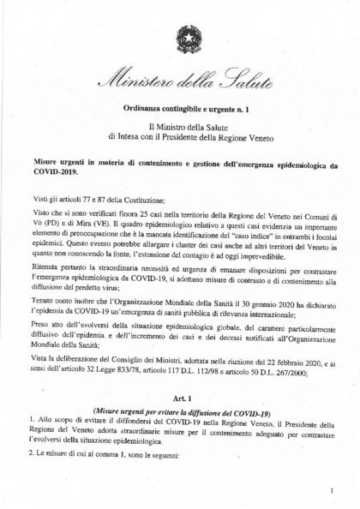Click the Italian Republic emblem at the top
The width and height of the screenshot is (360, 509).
pos(185,39)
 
